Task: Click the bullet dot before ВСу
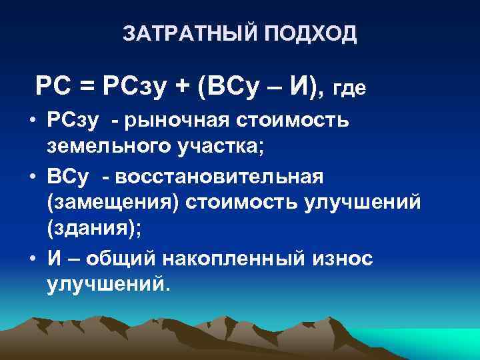(x=32, y=178)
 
